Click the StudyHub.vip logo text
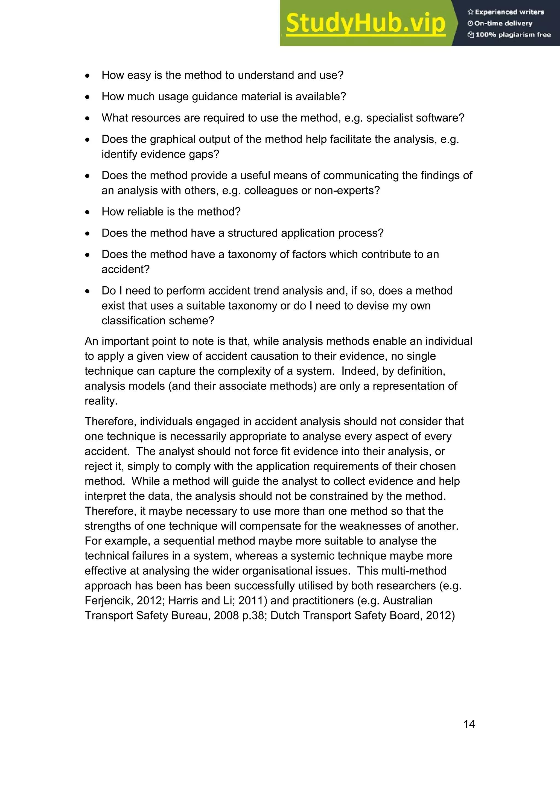(x=366, y=24)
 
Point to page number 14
(x=469, y=724)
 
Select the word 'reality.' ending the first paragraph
(x=101, y=401)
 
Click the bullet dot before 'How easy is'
(x=87, y=75)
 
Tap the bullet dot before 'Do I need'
(x=87, y=291)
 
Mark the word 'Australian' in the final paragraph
(x=408, y=601)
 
